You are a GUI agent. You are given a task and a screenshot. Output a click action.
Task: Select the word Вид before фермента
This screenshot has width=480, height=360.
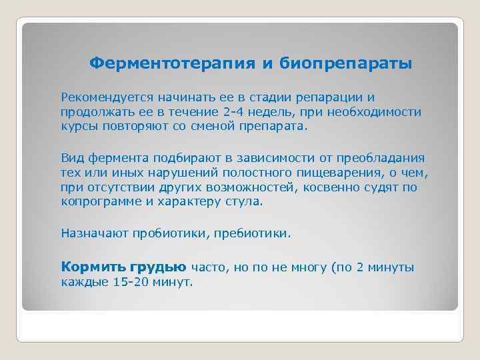click(x=71, y=158)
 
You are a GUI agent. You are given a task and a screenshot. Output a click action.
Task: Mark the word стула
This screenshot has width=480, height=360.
click(x=246, y=201)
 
